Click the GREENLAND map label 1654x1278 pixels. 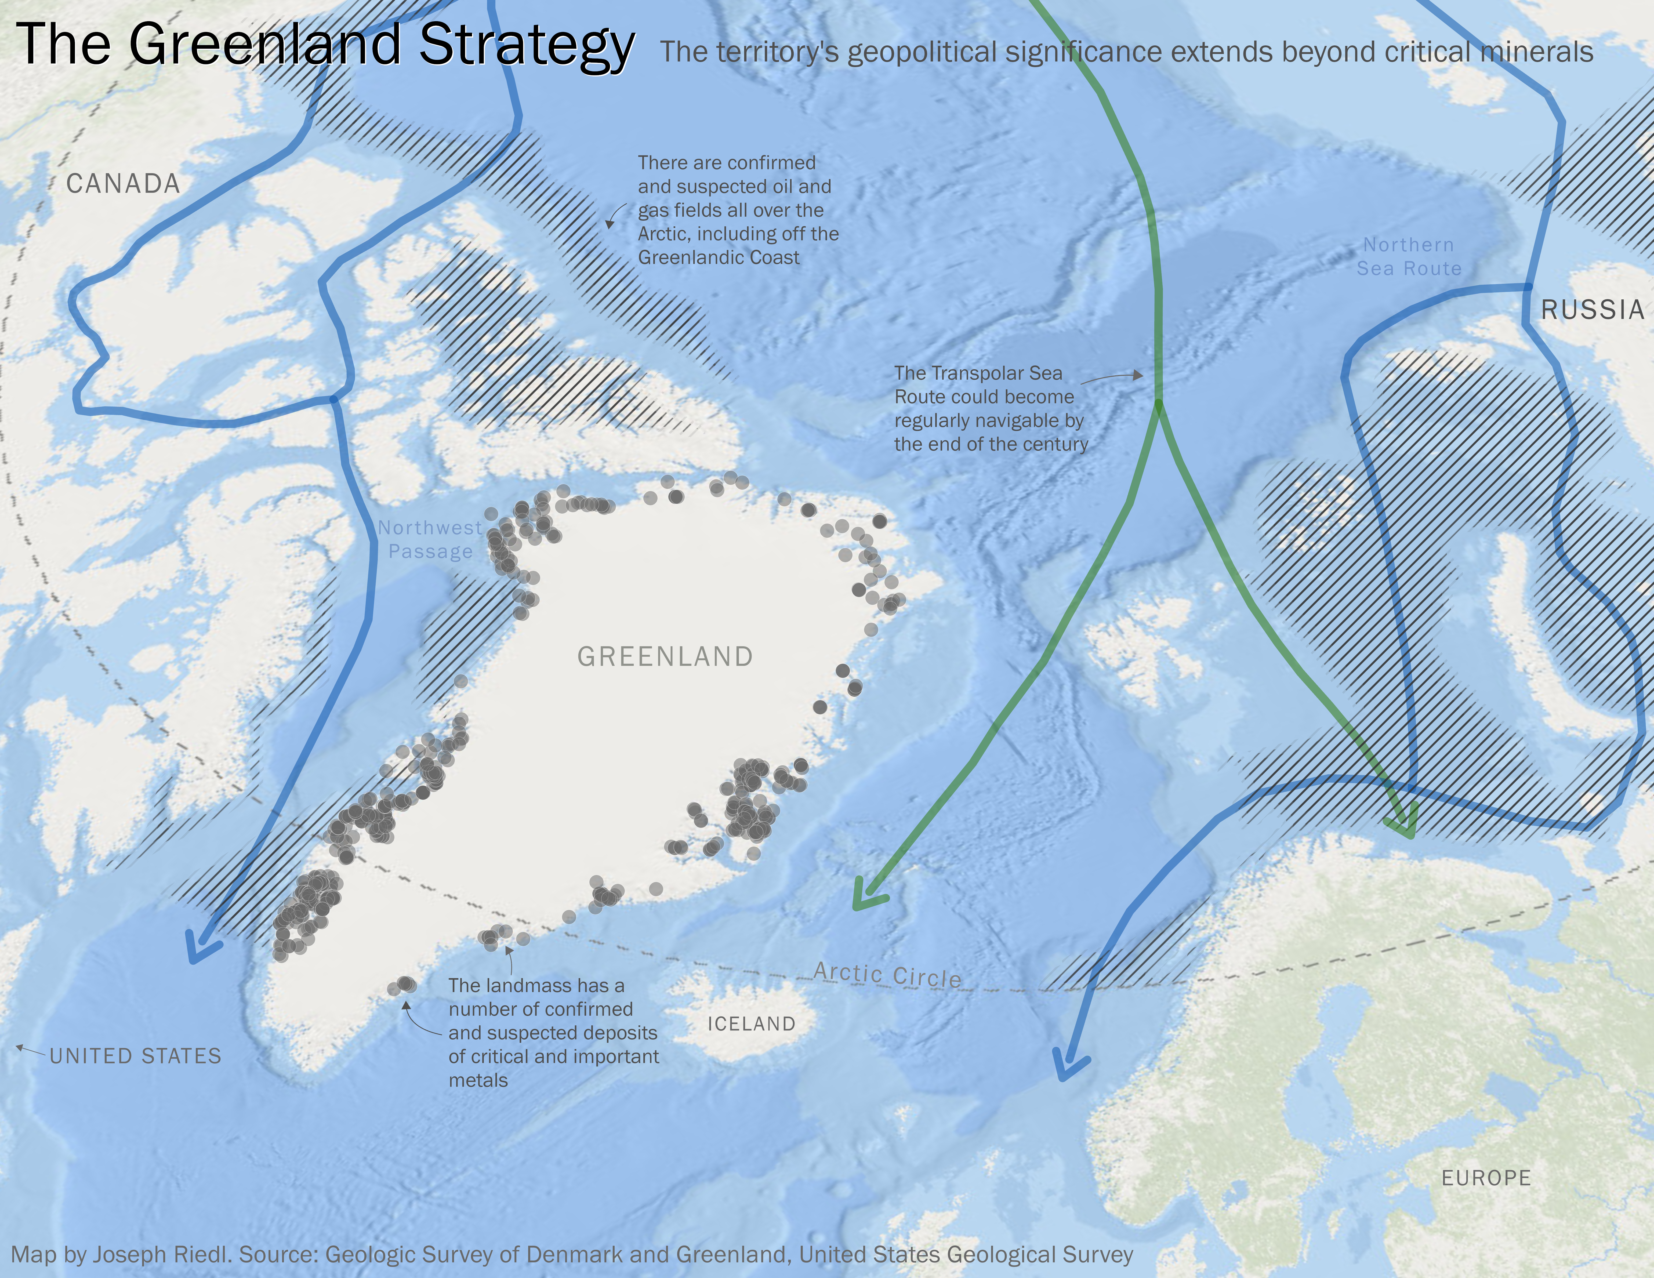(665, 656)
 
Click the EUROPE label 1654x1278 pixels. (1486, 1178)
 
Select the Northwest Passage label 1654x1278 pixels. (430, 539)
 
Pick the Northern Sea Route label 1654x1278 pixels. (1409, 257)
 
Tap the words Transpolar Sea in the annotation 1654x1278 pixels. (978, 373)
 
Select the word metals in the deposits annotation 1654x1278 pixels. (478, 1080)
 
